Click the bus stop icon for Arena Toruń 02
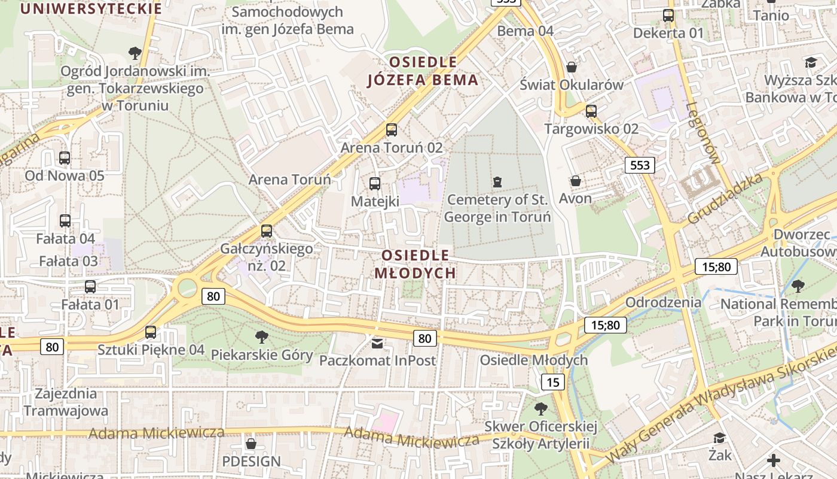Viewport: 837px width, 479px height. [392, 129]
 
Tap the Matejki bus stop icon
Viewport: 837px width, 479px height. [375, 183]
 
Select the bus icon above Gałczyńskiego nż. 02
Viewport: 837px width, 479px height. [267, 231]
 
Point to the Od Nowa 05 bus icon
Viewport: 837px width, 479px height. [65, 158]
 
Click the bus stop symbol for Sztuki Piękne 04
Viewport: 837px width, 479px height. [151, 332]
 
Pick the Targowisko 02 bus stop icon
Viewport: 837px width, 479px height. [591, 111]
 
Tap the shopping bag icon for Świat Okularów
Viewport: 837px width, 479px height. [572, 66]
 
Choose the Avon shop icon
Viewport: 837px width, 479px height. [576, 180]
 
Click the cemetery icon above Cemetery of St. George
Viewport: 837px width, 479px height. [497, 181]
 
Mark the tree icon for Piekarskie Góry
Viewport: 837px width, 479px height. [261, 336]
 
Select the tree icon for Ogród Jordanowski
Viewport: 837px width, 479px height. [135, 53]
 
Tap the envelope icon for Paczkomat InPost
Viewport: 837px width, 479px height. [377, 343]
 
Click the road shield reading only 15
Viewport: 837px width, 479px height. [553, 382]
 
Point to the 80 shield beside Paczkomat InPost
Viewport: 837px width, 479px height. [424, 338]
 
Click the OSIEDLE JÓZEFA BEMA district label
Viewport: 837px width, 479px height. [423, 71]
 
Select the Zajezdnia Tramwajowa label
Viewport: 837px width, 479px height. [66, 402]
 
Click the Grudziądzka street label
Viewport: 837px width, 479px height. [725, 199]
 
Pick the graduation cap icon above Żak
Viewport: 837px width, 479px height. [719, 438]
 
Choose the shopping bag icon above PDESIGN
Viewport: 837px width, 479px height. [251, 444]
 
